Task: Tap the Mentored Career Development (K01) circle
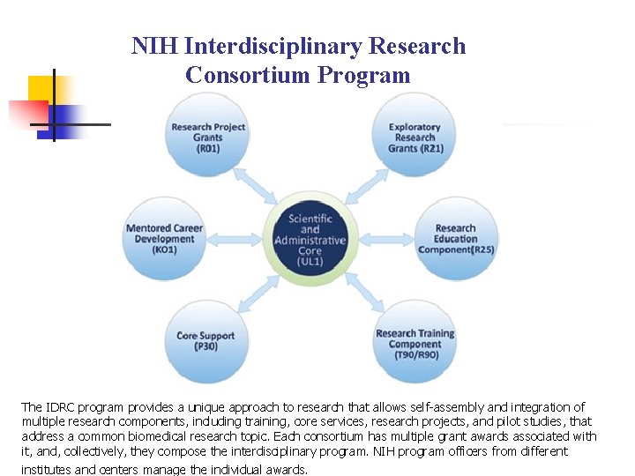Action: click(164, 238)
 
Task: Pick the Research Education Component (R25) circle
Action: click(456, 238)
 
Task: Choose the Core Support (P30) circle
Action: click(206, 340)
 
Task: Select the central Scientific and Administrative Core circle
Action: click(310, 239)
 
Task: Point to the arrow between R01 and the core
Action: click(259, 187)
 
